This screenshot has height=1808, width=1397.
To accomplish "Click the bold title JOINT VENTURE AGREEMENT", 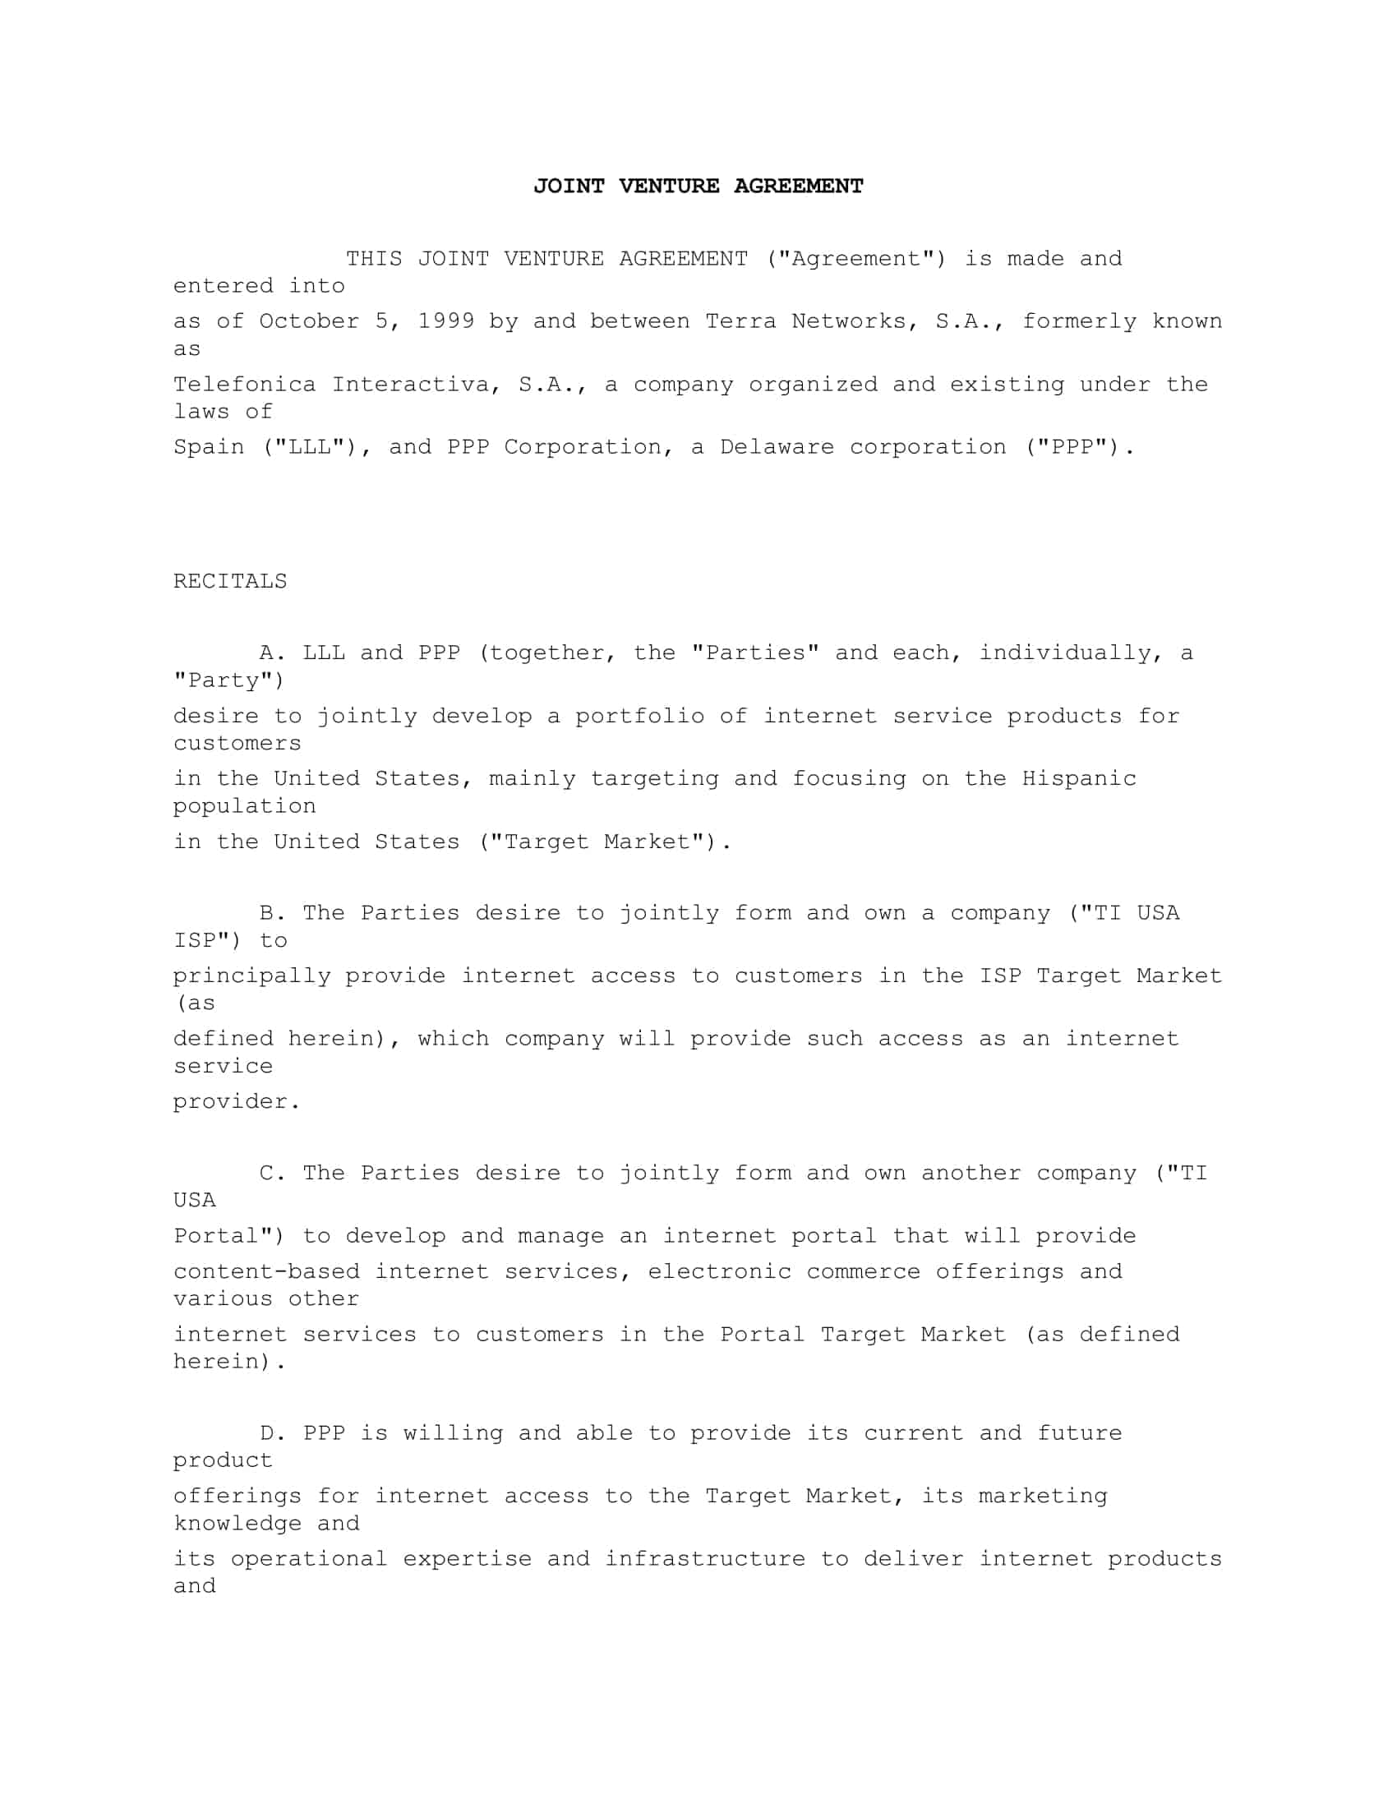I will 698,187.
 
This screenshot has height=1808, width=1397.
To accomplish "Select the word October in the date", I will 309,321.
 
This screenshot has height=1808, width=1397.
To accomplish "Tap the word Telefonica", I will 244,385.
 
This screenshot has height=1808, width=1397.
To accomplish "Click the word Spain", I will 209,448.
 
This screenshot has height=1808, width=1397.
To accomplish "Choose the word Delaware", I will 777,448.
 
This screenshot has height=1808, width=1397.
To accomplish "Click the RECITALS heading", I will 230,582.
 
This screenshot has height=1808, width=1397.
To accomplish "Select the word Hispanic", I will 1078,779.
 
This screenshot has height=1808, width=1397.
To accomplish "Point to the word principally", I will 251,977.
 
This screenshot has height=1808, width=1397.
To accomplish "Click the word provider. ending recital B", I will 236,1102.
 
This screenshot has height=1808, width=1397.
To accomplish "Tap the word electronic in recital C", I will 719,1271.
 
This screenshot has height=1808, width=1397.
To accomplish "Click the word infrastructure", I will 704,1559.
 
